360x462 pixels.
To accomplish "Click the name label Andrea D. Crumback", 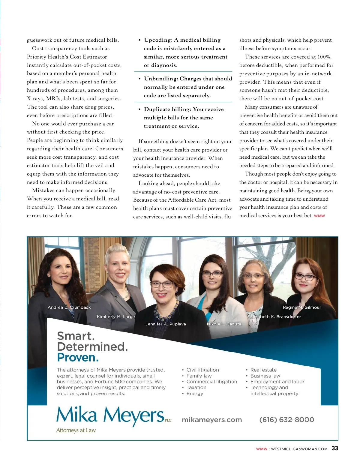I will click(69, 307).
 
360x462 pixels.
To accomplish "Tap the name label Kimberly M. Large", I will click(116, 316).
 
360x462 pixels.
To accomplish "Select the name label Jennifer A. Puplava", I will click(166, 324).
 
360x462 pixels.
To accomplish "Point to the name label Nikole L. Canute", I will click(224, 324).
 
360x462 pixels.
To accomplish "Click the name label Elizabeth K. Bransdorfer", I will click(275, 316).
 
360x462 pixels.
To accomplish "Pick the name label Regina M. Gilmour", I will click(302, 307).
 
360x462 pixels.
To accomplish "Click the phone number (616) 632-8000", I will click(286, 420).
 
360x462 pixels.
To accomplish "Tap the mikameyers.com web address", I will click(212, 420).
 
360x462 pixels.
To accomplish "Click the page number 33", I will click(335, 448).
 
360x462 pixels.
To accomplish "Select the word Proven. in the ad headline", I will click(78, 358).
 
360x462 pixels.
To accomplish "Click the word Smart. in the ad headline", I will click(76, 336).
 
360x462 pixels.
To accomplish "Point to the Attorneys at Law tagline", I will click(76, 430).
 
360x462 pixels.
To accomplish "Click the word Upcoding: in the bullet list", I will click(158, 40).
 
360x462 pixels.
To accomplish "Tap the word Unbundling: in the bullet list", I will click(161, 79).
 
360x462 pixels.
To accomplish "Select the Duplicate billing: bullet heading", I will click(167, 109).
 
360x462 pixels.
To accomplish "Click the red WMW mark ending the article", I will click(319, 216).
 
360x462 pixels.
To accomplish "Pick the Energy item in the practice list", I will click(195, 393).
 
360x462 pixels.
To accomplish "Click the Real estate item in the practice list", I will click(263, 370).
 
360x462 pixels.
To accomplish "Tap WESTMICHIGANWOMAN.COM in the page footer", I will click(299, 449).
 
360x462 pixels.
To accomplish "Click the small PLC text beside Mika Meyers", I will click(168, 420).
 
